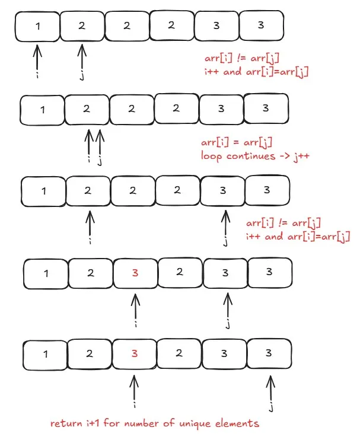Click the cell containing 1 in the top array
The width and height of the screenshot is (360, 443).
point(38,26)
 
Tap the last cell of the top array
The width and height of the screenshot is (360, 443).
point(260,26)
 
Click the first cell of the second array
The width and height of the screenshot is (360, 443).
point(43,110)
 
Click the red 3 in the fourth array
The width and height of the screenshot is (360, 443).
point(135,273)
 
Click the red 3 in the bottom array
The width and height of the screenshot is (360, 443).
point(135,353)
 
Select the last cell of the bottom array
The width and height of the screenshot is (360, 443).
point(269,353)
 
